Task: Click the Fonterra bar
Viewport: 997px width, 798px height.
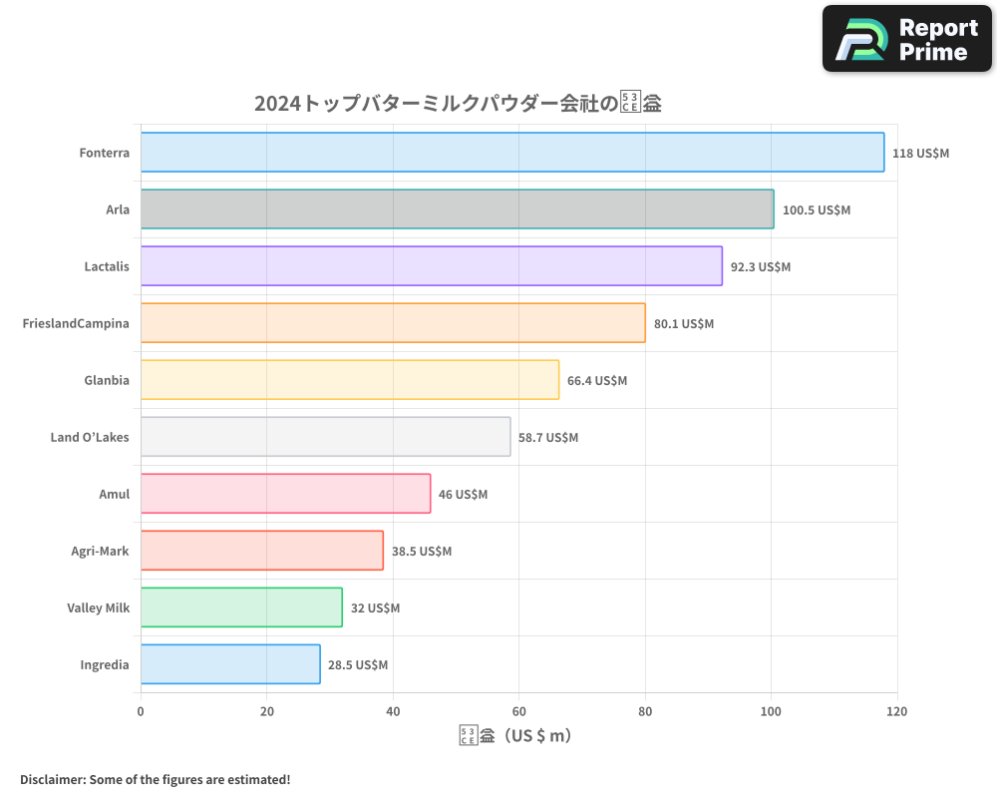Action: [511, 153]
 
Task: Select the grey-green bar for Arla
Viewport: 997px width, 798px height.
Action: [457, 209]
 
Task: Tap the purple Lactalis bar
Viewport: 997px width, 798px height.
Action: [431, 266]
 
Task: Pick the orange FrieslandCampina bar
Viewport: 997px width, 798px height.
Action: [393, 323]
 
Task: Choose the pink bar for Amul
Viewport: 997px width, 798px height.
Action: [285, 494]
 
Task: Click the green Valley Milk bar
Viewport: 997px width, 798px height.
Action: [241, 607]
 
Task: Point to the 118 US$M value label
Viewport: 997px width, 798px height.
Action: [921, 154]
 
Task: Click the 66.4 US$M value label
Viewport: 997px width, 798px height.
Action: [597, 381]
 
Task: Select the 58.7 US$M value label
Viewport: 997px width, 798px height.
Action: [548, 438]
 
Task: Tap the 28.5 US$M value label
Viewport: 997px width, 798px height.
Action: [358, 665]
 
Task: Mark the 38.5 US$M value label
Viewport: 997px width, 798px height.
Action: [422, 552]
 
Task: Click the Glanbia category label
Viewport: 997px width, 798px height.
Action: [107, 380]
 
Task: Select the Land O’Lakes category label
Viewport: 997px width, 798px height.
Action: [90, 437]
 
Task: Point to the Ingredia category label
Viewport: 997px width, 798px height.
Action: [105, 664]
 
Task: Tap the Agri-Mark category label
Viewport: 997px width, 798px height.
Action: [100, 551]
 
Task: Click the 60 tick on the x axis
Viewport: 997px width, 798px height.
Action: [518, 712]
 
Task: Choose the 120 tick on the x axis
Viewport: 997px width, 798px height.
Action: [897, 712]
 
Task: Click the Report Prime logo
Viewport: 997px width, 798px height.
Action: [906, 39]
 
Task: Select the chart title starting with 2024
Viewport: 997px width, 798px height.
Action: [458, 104]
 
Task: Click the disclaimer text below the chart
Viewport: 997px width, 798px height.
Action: [156, 779]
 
